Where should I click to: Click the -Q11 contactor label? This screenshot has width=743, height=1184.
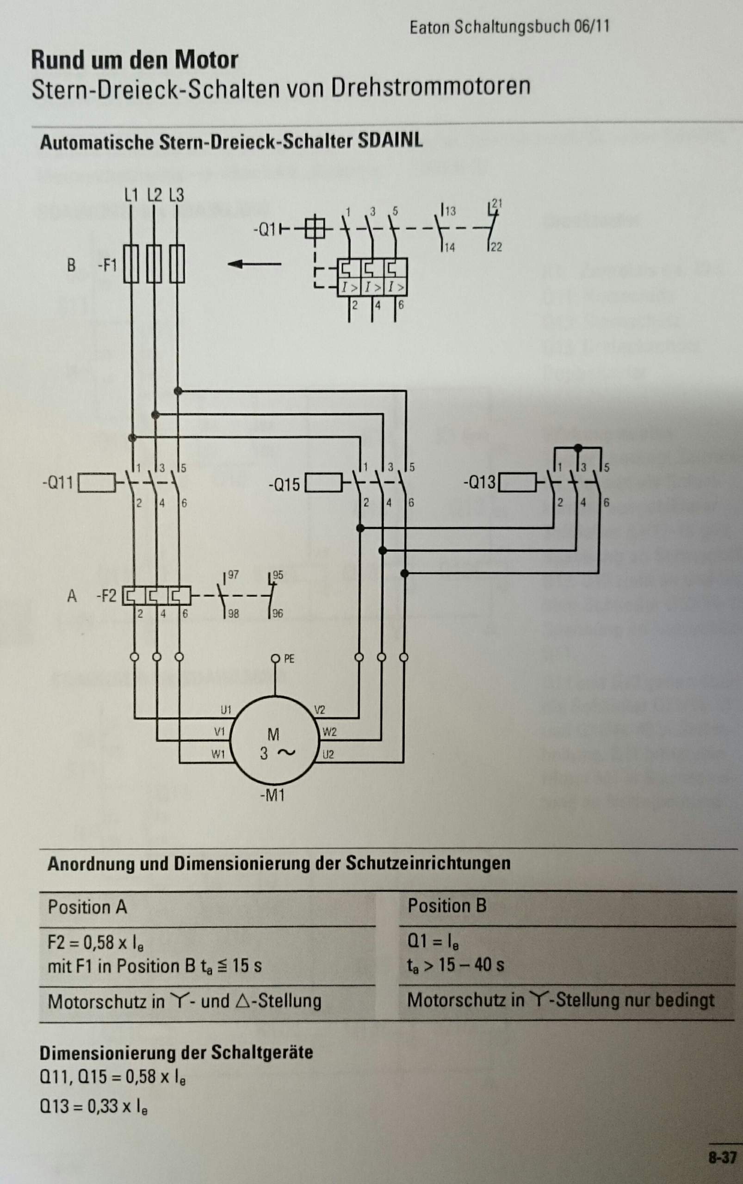point(57,483)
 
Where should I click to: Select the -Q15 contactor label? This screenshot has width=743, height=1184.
point(284,484)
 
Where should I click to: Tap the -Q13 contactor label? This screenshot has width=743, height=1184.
point(479,482)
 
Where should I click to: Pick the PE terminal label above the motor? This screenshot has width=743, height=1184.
point(289,659)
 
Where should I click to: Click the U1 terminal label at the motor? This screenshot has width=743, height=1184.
point(226,709)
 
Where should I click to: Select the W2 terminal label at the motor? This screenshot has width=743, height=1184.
point(329,732)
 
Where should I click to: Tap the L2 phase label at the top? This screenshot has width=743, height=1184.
point(155,196)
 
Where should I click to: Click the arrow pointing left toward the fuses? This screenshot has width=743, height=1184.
point(254,264)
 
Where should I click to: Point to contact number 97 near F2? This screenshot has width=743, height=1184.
point(233,575)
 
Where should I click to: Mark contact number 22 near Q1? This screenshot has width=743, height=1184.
point(496,247)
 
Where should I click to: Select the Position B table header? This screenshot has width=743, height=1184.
point(447,906)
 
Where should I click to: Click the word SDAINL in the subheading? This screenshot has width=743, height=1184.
point(390,142)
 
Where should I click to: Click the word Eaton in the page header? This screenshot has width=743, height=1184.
point(429,27)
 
